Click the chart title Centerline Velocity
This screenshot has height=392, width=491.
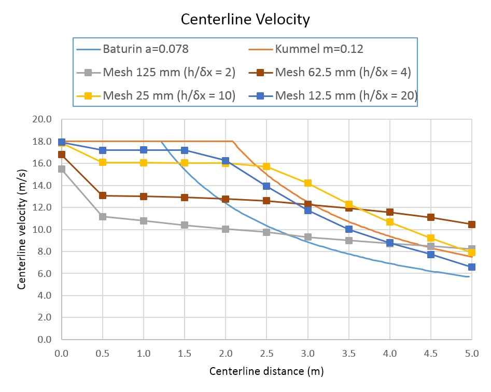point(245,20)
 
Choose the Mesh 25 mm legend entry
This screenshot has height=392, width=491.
point(168,95)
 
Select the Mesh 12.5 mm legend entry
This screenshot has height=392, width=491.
point(346,95)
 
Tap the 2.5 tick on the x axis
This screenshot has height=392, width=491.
point(266,353)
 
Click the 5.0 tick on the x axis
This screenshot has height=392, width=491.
point(471,353)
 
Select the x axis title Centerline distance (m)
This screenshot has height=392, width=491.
point(266,371)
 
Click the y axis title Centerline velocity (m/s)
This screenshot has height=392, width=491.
point(22,229)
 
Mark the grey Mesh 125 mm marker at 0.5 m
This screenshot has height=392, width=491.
point(103,217)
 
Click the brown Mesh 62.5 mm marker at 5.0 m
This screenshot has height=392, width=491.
point(471,225)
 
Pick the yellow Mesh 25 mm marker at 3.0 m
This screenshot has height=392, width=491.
point(307,183)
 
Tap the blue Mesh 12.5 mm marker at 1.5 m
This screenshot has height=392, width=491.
point(185,150)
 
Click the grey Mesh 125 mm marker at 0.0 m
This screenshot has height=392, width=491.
point(62,169)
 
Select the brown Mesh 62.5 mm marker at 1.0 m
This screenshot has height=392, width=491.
point(144,197)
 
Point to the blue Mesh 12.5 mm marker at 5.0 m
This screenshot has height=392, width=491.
point(471,267)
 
